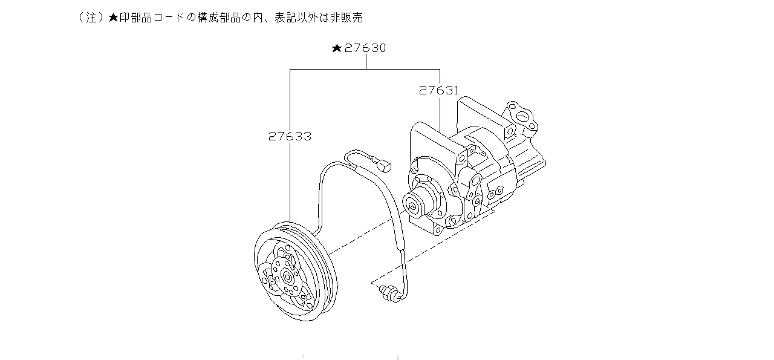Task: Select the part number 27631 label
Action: (439, 91)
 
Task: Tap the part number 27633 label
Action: (290, 137)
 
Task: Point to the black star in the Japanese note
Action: (113, 18)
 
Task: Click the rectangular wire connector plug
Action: (383, 163)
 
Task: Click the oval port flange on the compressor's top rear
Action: (521, 116)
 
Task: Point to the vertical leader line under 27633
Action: (290, 182)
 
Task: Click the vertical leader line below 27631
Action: (439, 112)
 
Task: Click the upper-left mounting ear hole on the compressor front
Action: (416, 163)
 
